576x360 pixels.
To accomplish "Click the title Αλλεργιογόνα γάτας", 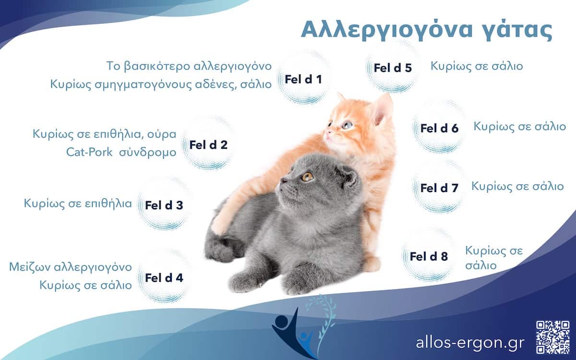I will [426, 30].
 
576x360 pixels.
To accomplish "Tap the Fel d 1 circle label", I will [303, 79].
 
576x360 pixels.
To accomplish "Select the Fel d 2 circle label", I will [208, 144].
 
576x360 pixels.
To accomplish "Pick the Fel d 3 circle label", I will [164, 205].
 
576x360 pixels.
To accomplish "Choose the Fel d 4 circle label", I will [164, 277].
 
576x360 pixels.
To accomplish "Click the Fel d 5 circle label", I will [393, 68].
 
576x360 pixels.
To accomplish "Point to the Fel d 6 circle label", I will [439, 128].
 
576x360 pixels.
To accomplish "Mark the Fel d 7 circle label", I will [439, 188].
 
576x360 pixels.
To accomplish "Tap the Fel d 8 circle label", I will [429, 256].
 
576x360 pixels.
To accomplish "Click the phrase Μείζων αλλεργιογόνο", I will [70, 266].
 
